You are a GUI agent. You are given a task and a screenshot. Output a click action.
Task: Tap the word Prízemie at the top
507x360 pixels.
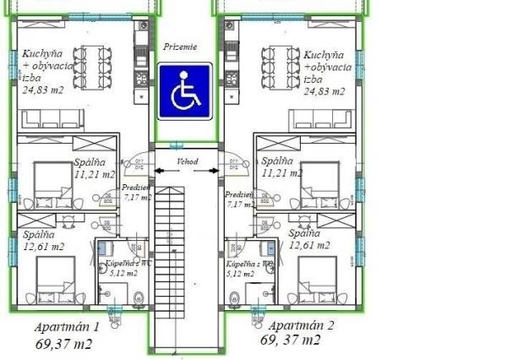[181, 48]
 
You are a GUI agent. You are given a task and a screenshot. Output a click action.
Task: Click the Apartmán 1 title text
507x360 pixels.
[67, 327]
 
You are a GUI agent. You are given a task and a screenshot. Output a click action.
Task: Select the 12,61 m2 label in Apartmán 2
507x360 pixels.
[309, 245]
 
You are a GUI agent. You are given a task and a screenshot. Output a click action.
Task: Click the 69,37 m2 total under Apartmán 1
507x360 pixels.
[64, 344]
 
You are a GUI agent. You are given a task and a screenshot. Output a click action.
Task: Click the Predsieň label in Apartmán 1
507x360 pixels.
[134, 188]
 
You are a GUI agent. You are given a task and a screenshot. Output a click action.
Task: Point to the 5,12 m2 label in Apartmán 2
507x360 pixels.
[241, 274]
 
